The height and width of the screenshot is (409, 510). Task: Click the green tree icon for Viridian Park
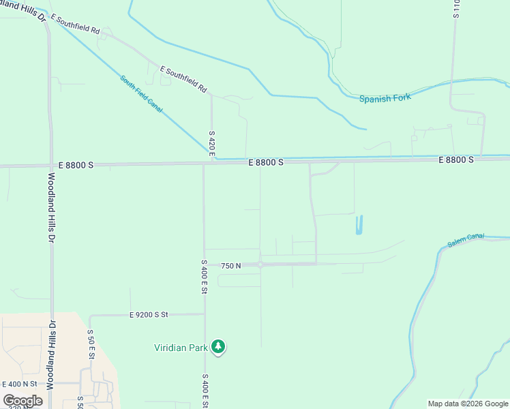(x=218, y=347)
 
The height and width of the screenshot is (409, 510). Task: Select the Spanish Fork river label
(x=385, y=98)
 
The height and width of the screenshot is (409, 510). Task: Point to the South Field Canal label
(x=141, y=93)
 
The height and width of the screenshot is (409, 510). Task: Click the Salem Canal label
(x=466, y=240)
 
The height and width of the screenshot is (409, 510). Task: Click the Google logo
(x=22, y=401)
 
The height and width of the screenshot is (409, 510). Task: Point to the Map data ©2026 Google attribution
(x=468, y=404)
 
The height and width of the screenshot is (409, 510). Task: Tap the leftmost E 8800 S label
(x=76, y=164)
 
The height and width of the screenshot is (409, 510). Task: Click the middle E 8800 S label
(x=265, y=162)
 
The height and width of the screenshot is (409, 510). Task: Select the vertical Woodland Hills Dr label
(x=51, y=208)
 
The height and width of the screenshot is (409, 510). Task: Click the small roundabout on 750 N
(x=260, y=264)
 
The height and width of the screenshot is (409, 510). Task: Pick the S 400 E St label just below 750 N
(x=204, y=277)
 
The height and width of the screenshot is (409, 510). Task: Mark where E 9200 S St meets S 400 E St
(x=204, y=314)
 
